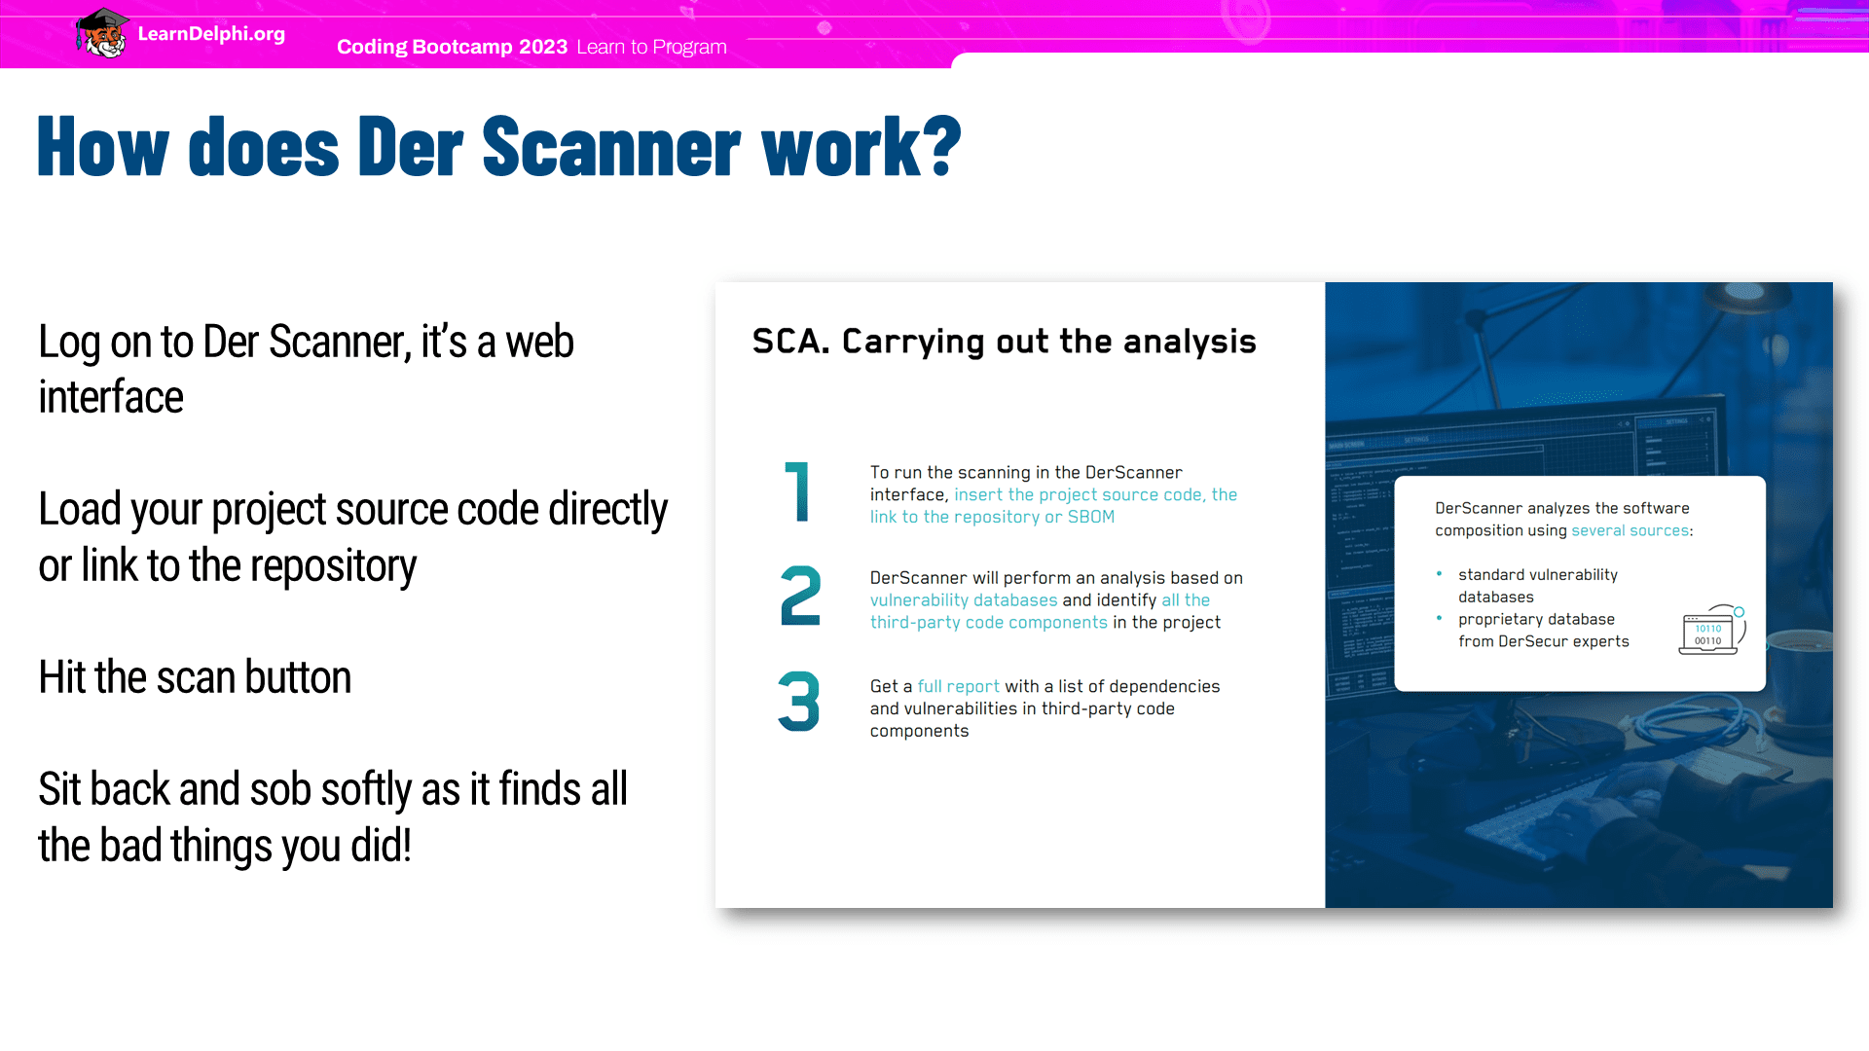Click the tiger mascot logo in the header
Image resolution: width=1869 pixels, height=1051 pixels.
tap(102, 33)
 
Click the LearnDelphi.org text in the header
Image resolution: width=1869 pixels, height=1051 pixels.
tap(211, 34)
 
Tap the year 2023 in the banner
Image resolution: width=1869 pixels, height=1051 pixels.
tap(543, 47)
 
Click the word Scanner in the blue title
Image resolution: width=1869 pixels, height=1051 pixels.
tap(610, 147)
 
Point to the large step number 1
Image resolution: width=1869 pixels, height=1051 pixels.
tap(797, 491)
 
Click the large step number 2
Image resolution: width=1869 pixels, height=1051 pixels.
tap(800, 596)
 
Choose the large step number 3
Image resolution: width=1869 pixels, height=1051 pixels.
tap(799, 701)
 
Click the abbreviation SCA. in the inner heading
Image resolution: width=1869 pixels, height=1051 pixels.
tap(790, 342)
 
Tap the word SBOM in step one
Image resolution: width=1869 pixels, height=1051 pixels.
tap(1091, 517)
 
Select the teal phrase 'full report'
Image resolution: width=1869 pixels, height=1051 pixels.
tap(958, 686)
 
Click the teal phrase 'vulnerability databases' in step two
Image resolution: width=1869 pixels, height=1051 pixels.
tap(964, 600)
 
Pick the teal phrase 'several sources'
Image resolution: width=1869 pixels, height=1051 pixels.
tap(1631, 530)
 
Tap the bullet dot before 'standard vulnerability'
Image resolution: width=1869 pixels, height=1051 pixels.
tap(1439, 573)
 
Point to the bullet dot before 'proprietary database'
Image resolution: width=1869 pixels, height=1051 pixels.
tap(1439, 617)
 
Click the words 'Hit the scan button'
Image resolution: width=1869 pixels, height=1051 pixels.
tap(195, 677)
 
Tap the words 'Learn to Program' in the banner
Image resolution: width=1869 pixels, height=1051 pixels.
tap(651, 47)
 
